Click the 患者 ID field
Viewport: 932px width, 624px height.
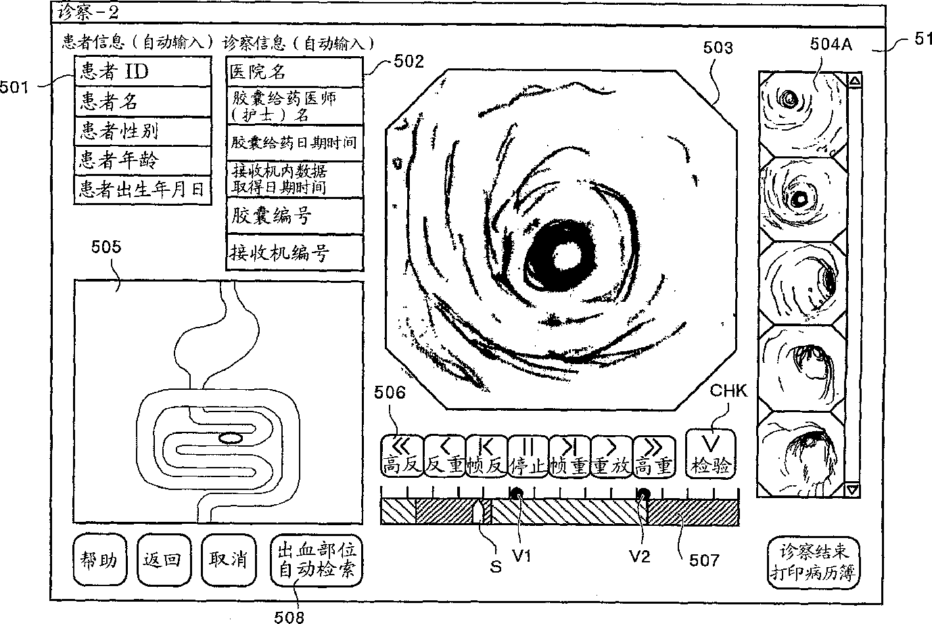coord(142,71)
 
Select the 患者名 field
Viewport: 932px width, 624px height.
coord(142,102)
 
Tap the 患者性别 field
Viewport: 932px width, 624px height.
coord(142,131)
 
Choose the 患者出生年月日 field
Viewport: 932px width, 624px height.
coord(142,189)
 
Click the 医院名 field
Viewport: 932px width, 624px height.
coord(294,72)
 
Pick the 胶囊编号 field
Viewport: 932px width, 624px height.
coord(294,217)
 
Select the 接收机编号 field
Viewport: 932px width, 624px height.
coord(294,253)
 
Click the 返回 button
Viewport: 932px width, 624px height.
coord(163,560)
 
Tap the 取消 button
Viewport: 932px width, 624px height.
coord(227,560)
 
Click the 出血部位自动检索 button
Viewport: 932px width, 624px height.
coord(316,560)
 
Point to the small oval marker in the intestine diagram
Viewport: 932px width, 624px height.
coord(230,439)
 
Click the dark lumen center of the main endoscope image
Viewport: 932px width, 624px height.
coord(563,257)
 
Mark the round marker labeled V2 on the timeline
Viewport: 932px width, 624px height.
coord(643,494)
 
